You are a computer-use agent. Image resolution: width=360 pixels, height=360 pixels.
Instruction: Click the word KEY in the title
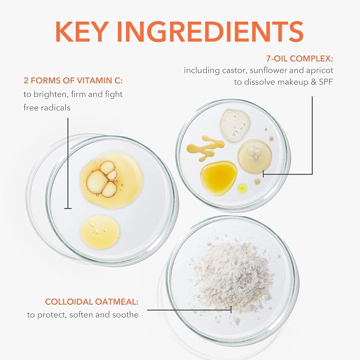[x=82, y=31]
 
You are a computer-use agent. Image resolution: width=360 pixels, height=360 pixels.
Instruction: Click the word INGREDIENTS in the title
[x=210, y=31]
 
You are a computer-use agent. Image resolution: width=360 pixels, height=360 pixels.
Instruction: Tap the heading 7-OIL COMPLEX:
[x=300, y=58]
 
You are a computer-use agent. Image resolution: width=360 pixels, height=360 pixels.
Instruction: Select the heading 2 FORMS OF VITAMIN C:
[x=73, y=81]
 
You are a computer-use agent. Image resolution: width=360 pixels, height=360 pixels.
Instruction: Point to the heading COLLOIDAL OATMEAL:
[x=92, y=302]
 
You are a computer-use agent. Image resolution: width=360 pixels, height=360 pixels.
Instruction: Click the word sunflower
[x=268, y=71]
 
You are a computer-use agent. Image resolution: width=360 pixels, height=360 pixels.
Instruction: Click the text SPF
[x=326, y=82]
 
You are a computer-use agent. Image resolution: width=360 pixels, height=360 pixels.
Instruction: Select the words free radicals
[x=47, y=108]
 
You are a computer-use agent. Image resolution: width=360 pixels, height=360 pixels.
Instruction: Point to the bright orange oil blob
[x=218, y=178]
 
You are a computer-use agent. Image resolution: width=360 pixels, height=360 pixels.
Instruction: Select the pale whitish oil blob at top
[x=235, y=125]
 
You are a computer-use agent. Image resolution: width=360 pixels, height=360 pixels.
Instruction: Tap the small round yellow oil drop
[x=242, y=188]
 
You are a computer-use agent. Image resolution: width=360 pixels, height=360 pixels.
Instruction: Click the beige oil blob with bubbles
[x=254, y=156]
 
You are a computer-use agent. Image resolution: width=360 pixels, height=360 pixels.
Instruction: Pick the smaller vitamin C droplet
[x=100, y=232]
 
